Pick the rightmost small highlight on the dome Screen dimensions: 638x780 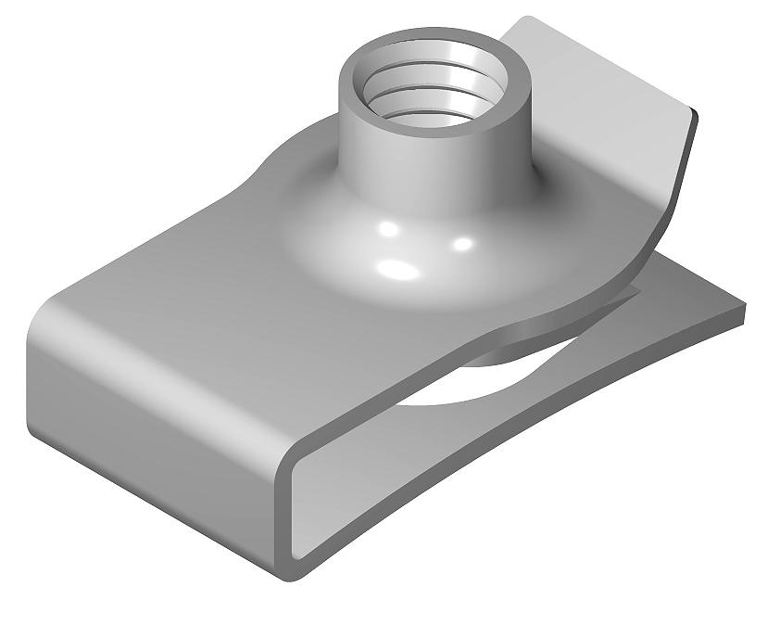[x=464, y=243]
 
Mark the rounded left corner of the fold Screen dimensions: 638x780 [x=42, y=325]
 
